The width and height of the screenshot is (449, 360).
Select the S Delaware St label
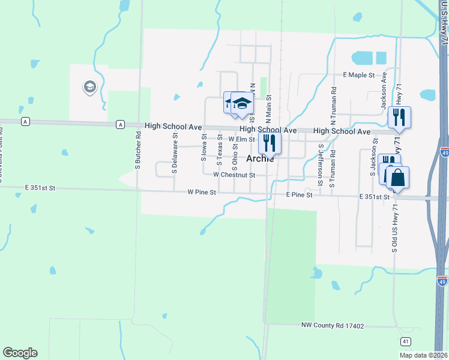[175, 153]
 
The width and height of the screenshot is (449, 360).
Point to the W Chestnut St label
[234, 175]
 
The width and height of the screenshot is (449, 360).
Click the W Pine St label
[201, 193]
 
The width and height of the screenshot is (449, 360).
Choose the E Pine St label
[299, 195]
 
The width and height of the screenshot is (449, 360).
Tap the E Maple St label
[358, 75]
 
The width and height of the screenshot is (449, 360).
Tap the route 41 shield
[406, 341]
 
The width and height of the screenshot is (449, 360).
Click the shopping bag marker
[397, 178]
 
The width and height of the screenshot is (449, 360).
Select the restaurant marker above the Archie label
[270, 143]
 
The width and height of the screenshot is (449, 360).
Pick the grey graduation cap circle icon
[90, 88]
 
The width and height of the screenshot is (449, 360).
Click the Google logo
[20, 353]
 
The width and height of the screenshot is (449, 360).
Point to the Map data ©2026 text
[423, 355]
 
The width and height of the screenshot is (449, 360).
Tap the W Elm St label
[242, 139]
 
